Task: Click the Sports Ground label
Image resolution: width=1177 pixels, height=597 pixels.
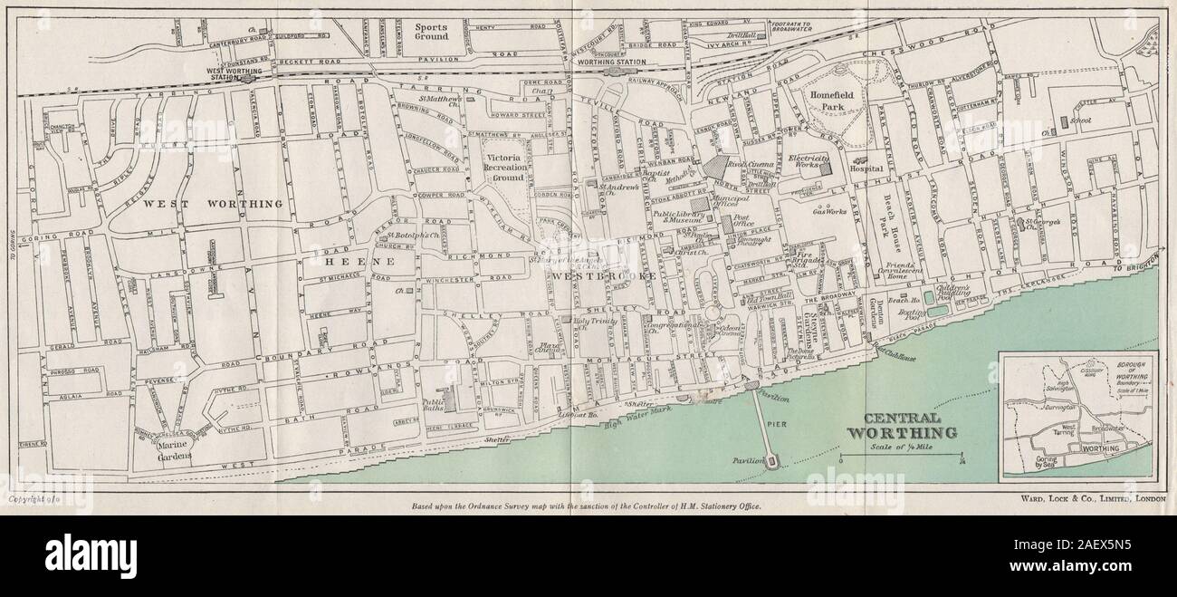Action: point(431,34)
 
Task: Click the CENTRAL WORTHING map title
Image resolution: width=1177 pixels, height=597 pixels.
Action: point(900,426)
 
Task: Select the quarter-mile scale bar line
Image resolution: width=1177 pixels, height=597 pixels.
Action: point(901,457)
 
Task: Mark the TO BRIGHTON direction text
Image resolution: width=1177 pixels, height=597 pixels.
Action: point(1137,268)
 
